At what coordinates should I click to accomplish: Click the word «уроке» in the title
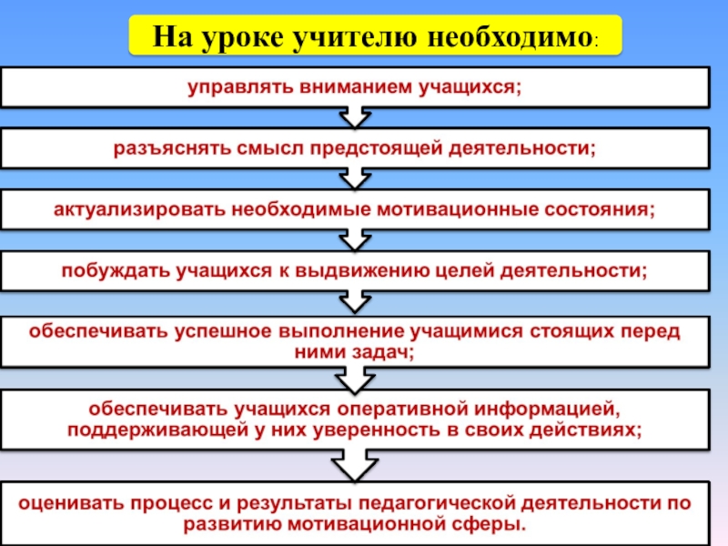click(240, 38)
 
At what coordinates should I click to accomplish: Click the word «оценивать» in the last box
click(76, 502)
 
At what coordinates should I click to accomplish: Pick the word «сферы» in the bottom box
click(495, 525)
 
